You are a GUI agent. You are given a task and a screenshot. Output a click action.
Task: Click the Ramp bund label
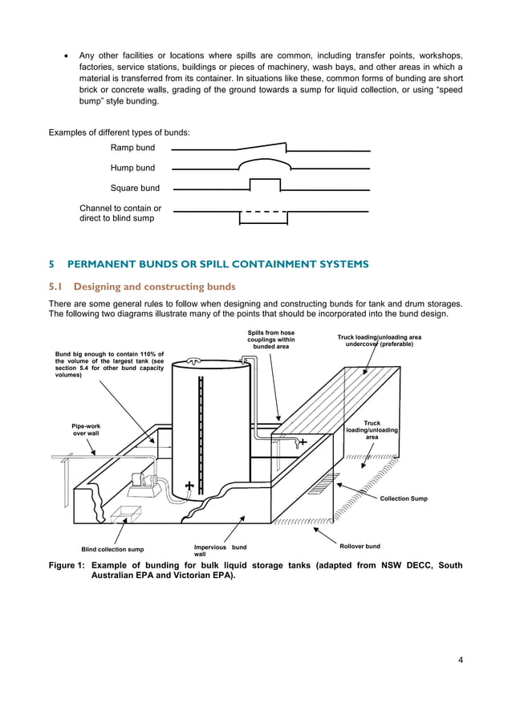tap(132, 148)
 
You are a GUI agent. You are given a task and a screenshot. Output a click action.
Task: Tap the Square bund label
tap(135, 189)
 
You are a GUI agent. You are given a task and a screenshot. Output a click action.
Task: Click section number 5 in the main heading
tap(52, 264)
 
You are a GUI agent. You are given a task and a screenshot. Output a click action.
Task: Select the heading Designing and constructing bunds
tap(154, 287)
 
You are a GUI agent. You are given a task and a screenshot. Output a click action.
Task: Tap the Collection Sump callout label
tap(403, 498)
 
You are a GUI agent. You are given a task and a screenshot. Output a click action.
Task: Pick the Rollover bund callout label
tap(360, 547)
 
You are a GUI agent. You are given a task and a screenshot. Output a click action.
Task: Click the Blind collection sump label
tap(112, 550)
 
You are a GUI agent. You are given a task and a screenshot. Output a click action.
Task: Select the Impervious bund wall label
tap(220, 551)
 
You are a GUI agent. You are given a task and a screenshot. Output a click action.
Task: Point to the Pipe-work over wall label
tap(86, 429)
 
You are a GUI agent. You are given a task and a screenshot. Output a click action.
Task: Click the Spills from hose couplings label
tap(270, 340)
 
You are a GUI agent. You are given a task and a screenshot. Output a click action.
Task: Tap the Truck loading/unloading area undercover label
tap(379, 340)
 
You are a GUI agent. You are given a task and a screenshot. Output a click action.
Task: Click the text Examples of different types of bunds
tap(120, 132)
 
